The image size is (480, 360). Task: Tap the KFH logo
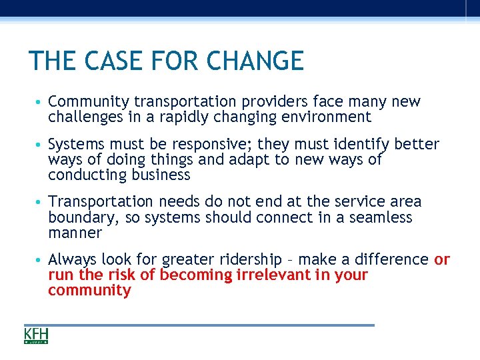click(x=36, y=335)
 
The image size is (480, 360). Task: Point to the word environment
click(x=327, y=117)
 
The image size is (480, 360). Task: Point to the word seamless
click(x=381, y=218)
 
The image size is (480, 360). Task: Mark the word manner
click(x=75, y=233)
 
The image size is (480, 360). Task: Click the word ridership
click(x=244, y=259)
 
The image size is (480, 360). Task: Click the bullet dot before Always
click(x=41, y=259)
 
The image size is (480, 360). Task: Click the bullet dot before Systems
click(x=41, y=145)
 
